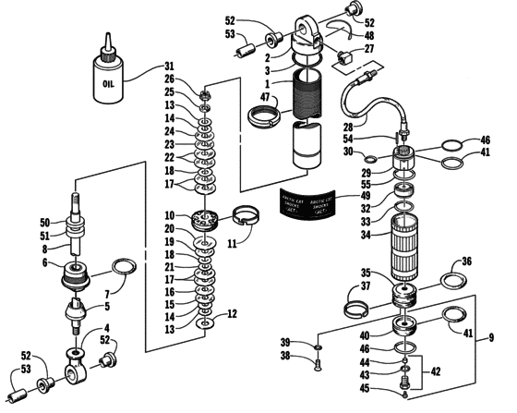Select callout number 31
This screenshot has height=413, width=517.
[168, 66]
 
